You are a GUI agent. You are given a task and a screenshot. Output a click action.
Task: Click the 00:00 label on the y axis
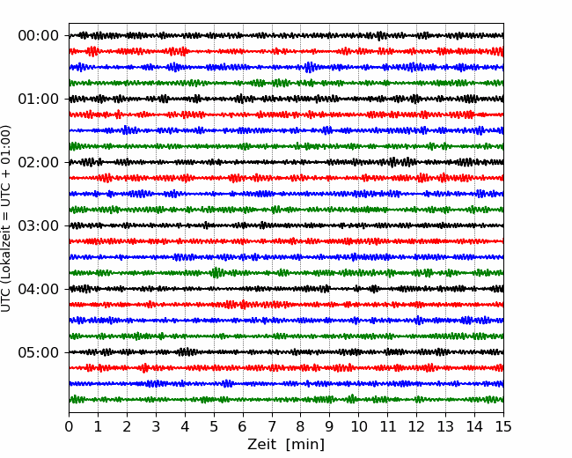(x=39, y=36)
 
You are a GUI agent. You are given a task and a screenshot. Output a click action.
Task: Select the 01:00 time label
(x=39, y=99)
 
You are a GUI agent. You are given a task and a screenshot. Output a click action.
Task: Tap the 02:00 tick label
(x=39, y=162)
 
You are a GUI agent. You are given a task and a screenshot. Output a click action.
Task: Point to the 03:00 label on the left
(x=39, y=225)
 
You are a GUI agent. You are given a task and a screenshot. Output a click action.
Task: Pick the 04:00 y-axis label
(x=39, y=289)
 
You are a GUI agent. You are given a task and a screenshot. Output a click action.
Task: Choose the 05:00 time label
(x=39, y=352)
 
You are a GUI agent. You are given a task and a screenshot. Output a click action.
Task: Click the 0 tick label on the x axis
(x=69, y=426)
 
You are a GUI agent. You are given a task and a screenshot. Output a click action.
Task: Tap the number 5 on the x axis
(x=214, y=426)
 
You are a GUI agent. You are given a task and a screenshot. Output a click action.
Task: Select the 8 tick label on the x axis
(x=301, y=426)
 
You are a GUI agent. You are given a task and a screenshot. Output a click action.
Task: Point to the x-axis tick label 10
(x=358, y=426)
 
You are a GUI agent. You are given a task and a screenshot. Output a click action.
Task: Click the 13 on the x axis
(x=445, y=426)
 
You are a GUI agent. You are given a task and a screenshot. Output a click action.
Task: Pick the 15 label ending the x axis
(x=503, y=426)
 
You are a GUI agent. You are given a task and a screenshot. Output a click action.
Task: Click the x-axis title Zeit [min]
(x=286, y=445)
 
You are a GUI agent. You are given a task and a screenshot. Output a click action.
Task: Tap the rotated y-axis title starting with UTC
(x=6, y=218)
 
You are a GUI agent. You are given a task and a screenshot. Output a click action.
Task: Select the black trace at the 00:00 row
(x=286, y=35)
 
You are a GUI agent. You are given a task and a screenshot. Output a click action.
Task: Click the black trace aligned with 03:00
(x=286, y=225)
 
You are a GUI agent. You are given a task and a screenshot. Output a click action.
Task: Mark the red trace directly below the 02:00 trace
(x=286, y=178)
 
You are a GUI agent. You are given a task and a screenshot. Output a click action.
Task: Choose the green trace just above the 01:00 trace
(x=286, y=83)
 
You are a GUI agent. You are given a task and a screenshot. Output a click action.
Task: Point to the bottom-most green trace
(x=286, y=399)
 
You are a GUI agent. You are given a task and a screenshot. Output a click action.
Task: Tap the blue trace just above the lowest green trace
(x=286, y=383)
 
